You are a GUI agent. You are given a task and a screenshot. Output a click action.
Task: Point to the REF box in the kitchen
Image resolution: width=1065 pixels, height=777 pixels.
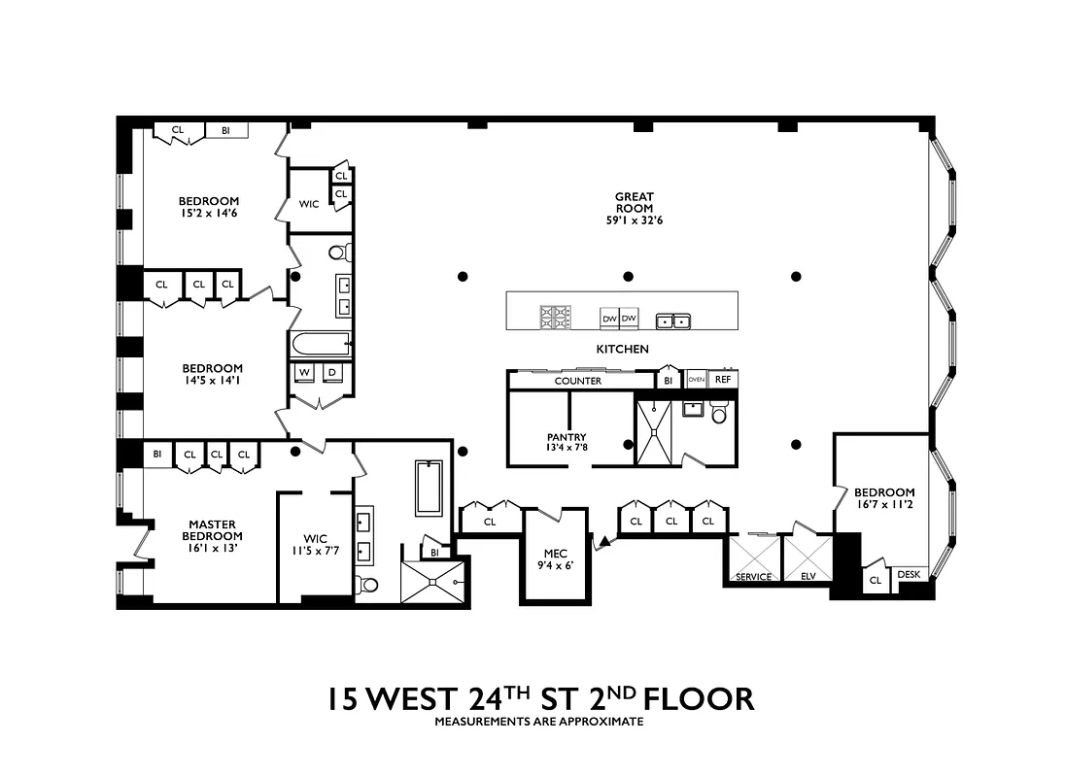pos(722,380)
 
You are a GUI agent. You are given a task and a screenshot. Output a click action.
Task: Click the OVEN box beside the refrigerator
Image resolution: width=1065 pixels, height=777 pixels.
pos(696,380)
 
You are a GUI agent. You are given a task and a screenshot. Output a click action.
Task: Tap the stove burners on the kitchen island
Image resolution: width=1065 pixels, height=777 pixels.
pos(556,318)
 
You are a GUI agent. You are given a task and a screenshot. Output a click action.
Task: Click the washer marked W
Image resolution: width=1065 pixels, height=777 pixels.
pos(303,372)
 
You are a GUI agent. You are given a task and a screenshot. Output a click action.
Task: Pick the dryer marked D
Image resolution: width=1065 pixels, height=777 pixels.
pos(330,372)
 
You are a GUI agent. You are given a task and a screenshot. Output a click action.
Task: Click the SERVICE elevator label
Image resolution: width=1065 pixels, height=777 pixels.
pos(753,577)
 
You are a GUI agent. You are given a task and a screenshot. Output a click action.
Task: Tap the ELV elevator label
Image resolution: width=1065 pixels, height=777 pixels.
pos(808,577)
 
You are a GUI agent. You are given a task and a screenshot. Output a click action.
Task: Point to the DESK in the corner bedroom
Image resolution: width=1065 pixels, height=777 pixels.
pos(909,575)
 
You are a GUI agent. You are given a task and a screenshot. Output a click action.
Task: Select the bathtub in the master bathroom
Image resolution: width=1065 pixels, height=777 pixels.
pos(429,488)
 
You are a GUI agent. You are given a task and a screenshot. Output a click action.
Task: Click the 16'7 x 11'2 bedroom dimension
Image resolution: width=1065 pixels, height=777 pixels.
pos(884,505)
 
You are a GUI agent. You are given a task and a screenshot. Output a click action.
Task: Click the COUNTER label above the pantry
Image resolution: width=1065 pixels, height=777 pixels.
pos(577,381)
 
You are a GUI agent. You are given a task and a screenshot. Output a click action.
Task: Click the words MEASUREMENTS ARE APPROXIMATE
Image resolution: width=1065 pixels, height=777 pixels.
pos(538,722)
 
